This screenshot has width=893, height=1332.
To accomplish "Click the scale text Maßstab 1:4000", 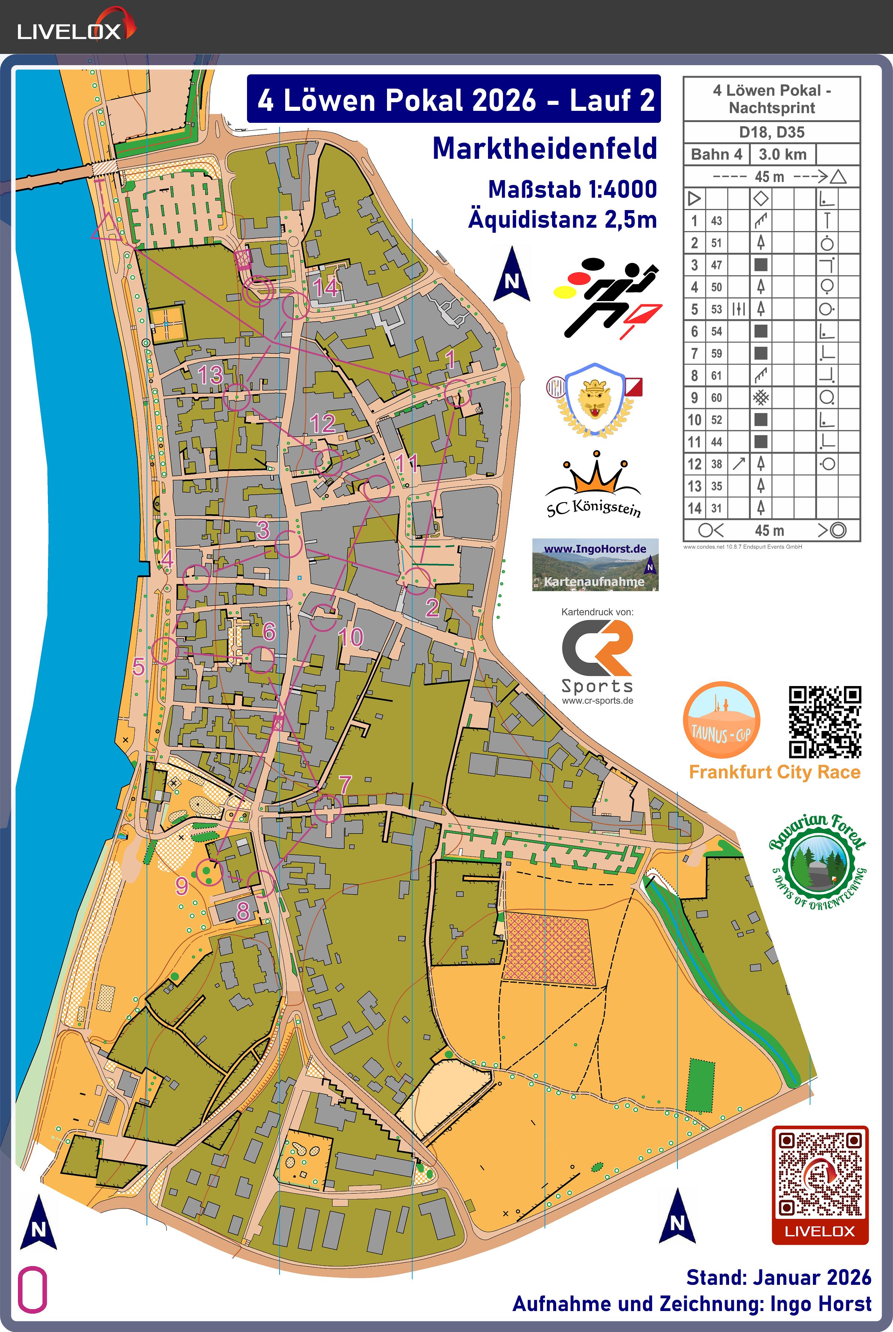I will click(x=572, y=190).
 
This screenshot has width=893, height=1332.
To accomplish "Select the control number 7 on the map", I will click(x=345, y=785).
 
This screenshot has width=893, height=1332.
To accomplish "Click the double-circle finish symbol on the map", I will click(x=257, y=292).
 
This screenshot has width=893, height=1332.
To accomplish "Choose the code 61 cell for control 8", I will click(x=716, y=376).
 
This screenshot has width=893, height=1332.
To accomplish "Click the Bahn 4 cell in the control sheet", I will click(x=716, y=154).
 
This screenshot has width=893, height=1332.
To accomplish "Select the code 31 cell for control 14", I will click(x=716, y=508).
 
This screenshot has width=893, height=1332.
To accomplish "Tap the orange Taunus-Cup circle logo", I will click(x=721, y=720).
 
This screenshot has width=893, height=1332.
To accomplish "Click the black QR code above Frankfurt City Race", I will click(x=824, y=722).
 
